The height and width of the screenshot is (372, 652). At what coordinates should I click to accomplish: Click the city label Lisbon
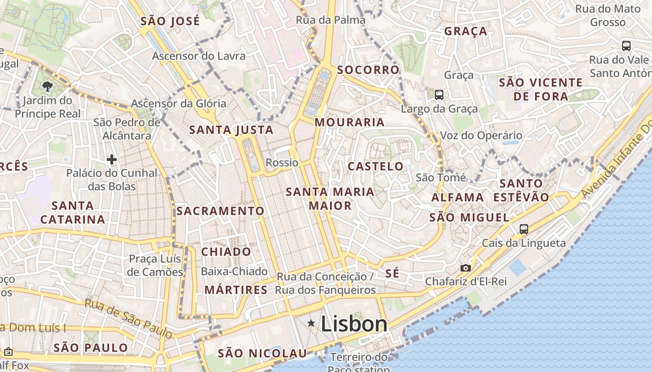354,324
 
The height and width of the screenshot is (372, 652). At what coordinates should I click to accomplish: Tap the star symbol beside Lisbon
311,323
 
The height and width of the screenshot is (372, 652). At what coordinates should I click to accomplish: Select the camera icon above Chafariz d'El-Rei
465,268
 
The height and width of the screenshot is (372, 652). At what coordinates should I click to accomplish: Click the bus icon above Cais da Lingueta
524,229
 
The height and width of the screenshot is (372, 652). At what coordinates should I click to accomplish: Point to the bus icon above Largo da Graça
439,95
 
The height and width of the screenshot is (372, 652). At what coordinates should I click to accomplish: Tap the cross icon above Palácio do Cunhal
112,160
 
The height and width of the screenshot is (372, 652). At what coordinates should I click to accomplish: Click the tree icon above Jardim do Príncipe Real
47,86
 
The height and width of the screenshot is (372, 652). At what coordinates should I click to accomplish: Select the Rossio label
282,162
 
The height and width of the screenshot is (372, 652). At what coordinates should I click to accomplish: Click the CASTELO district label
376,166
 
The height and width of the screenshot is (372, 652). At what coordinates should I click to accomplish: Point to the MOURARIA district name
350,122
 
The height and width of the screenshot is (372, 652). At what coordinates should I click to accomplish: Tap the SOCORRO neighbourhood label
368,70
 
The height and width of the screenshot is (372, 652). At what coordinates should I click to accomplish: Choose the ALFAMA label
458,197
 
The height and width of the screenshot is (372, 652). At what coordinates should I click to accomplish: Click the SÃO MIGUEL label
469,217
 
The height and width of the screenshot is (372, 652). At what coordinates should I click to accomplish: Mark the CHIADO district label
226,252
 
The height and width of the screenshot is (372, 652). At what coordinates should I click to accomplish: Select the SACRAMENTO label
220,211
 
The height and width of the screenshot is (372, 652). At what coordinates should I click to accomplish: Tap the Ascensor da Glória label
178,103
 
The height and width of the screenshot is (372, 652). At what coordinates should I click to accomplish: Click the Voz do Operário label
481,135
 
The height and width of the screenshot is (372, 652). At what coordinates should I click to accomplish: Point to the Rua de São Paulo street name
129,319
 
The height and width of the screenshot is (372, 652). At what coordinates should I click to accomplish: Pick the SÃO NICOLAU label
263,353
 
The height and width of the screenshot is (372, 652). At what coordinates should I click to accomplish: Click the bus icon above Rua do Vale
626,46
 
